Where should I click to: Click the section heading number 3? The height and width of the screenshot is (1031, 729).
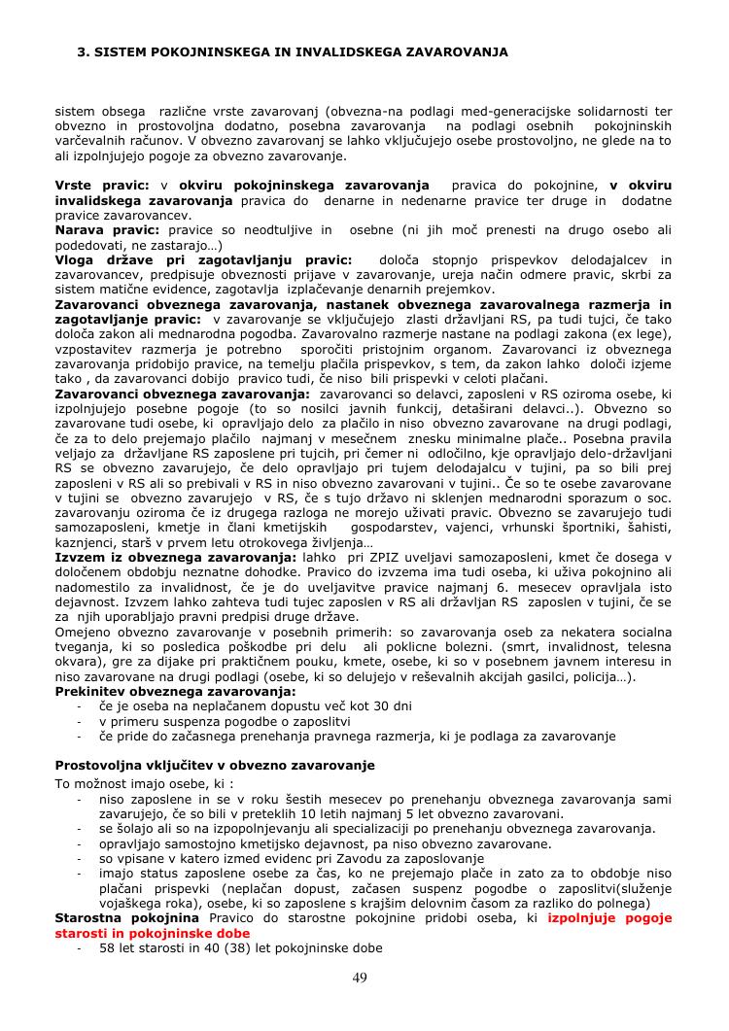(83, 51)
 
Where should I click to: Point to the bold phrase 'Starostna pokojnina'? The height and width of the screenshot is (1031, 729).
(127, 917)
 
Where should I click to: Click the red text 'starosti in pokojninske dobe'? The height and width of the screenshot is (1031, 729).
(153, 933)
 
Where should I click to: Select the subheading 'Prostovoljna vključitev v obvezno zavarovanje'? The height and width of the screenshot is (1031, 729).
(215, 766)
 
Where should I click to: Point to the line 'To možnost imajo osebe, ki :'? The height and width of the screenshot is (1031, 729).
(144, 783)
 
